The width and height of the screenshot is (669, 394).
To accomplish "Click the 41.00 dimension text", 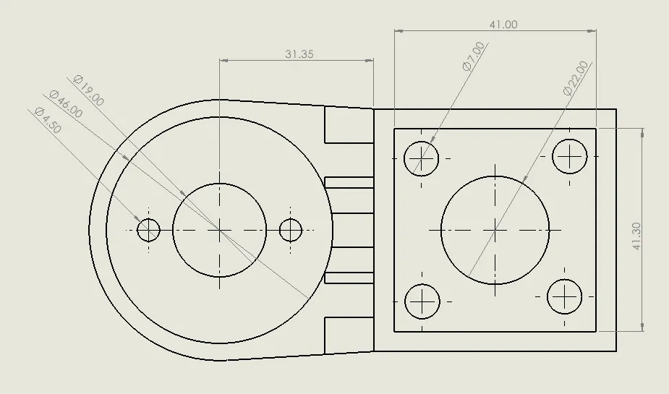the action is (503, 25).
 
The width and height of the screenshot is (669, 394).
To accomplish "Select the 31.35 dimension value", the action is (299, 54).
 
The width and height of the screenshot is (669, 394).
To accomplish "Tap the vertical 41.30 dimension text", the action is (636, 236).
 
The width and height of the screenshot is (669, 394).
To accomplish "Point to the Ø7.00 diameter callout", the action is (474, 56).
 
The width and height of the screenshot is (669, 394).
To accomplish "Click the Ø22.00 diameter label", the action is (576, 78).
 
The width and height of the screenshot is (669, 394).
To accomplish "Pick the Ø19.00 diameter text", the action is (89, 90).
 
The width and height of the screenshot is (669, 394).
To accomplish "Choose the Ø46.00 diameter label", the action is (66, 104).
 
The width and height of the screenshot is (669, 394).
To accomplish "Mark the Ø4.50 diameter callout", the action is (48, 120).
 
